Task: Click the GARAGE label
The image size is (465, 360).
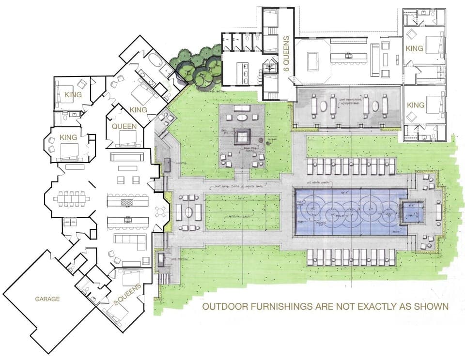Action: [x=47, y=299]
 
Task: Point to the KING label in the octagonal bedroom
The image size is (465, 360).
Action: [x=68, y=137]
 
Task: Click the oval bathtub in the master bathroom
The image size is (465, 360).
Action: [x=155, y=62]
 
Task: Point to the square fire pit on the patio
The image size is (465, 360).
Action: [x=242, y=136]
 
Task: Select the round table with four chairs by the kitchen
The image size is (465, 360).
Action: [x=160, y=212]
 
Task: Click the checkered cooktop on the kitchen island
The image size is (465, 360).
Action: [x=126, y=202]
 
